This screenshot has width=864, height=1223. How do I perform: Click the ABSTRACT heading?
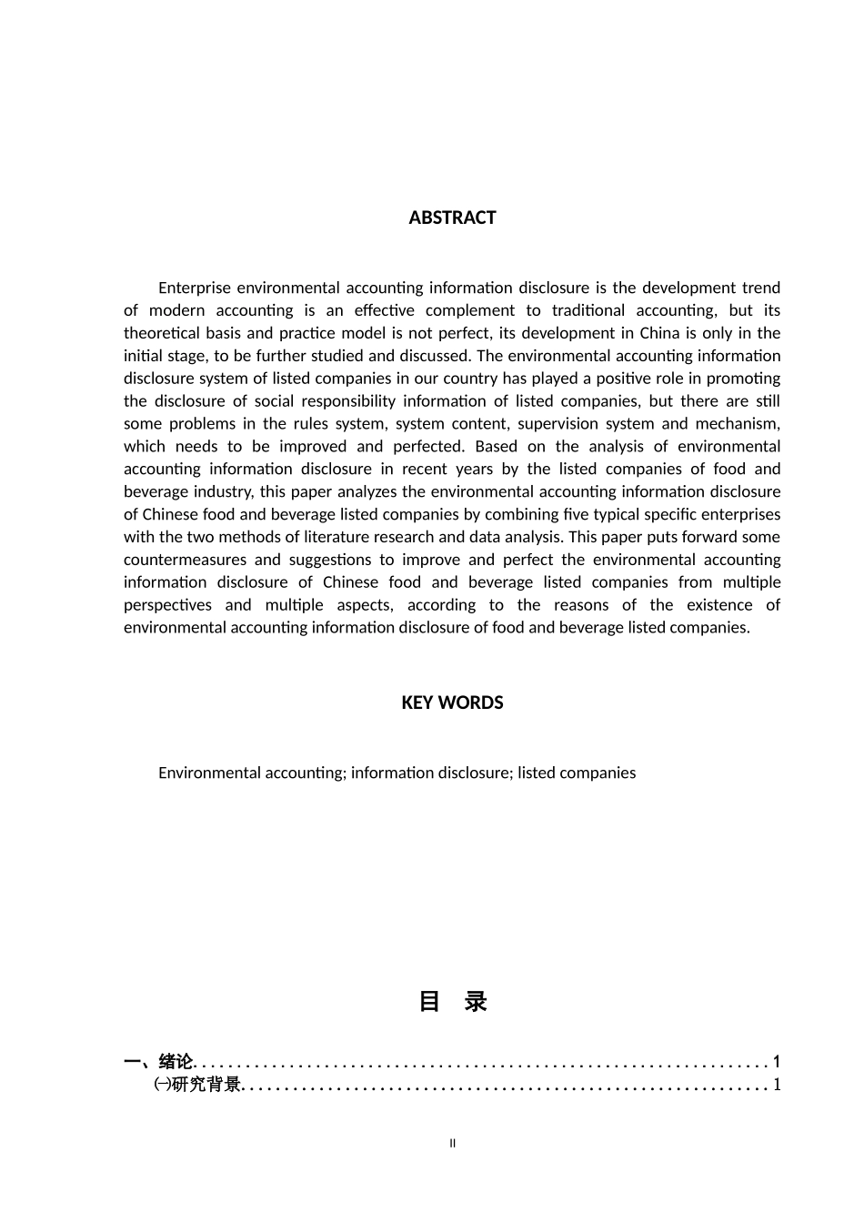(452, 217)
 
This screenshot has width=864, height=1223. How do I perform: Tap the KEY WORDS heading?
(452, 702)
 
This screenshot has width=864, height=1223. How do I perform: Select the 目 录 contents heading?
(452, 1002)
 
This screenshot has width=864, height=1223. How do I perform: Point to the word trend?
(761, 288)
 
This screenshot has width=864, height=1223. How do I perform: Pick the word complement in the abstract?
(470, 311)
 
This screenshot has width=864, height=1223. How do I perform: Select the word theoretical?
(160, 333)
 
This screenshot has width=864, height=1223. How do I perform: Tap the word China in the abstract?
(659, 333)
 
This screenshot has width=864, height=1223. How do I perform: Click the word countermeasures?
(185, 560)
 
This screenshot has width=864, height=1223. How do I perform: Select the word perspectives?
(167, 605)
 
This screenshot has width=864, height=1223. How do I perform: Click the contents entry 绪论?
(176, 1061)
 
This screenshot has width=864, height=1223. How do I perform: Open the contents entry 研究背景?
(206, 1084)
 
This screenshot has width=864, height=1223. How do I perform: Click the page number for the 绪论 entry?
(777, 1061)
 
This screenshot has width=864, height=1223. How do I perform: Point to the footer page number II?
(452, 1144)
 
